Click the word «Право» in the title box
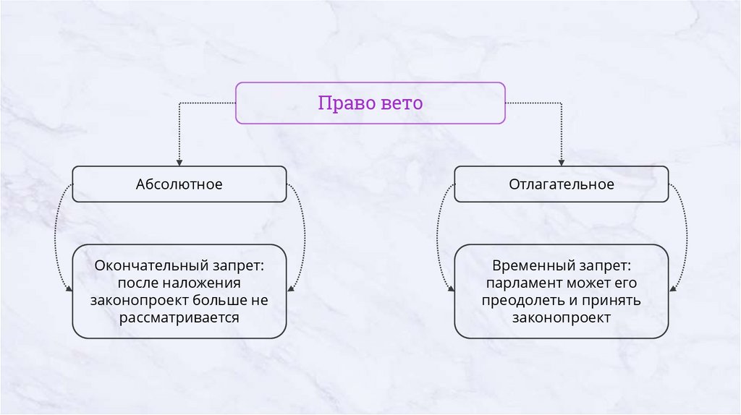click(346, 103)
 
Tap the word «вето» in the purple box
click(400, 103)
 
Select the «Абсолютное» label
click(179, 184)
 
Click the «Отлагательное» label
click(562, 184)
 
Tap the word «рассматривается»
click(179, 317)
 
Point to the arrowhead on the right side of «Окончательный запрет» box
click(291, 290)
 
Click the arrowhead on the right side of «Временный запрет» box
click(673, 290)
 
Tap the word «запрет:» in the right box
click(606, 265)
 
